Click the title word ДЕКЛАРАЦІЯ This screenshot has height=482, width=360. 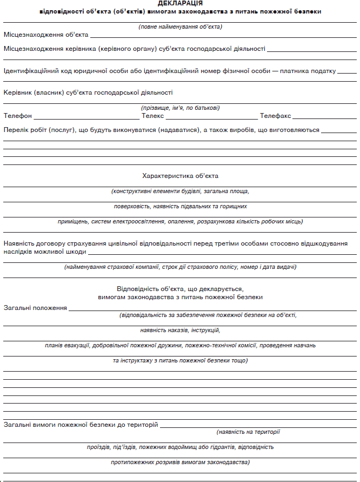[180, 4]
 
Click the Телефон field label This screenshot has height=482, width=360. [17, 116]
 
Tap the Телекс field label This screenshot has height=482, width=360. [152, 116]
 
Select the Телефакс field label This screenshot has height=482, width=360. [275, 116]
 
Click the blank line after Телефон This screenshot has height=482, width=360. [86, 118]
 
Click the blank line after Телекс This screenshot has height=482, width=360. [211, 118]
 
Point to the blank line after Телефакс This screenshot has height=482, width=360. [324, 118]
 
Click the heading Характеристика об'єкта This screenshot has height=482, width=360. [180, 176]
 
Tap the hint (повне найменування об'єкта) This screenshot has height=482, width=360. [180, 27]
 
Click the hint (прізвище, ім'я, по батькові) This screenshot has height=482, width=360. [180, 108]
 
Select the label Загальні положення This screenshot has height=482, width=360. [35, 308]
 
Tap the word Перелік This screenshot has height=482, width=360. [15, 130]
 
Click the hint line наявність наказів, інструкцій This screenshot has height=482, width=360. [180, 330]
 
